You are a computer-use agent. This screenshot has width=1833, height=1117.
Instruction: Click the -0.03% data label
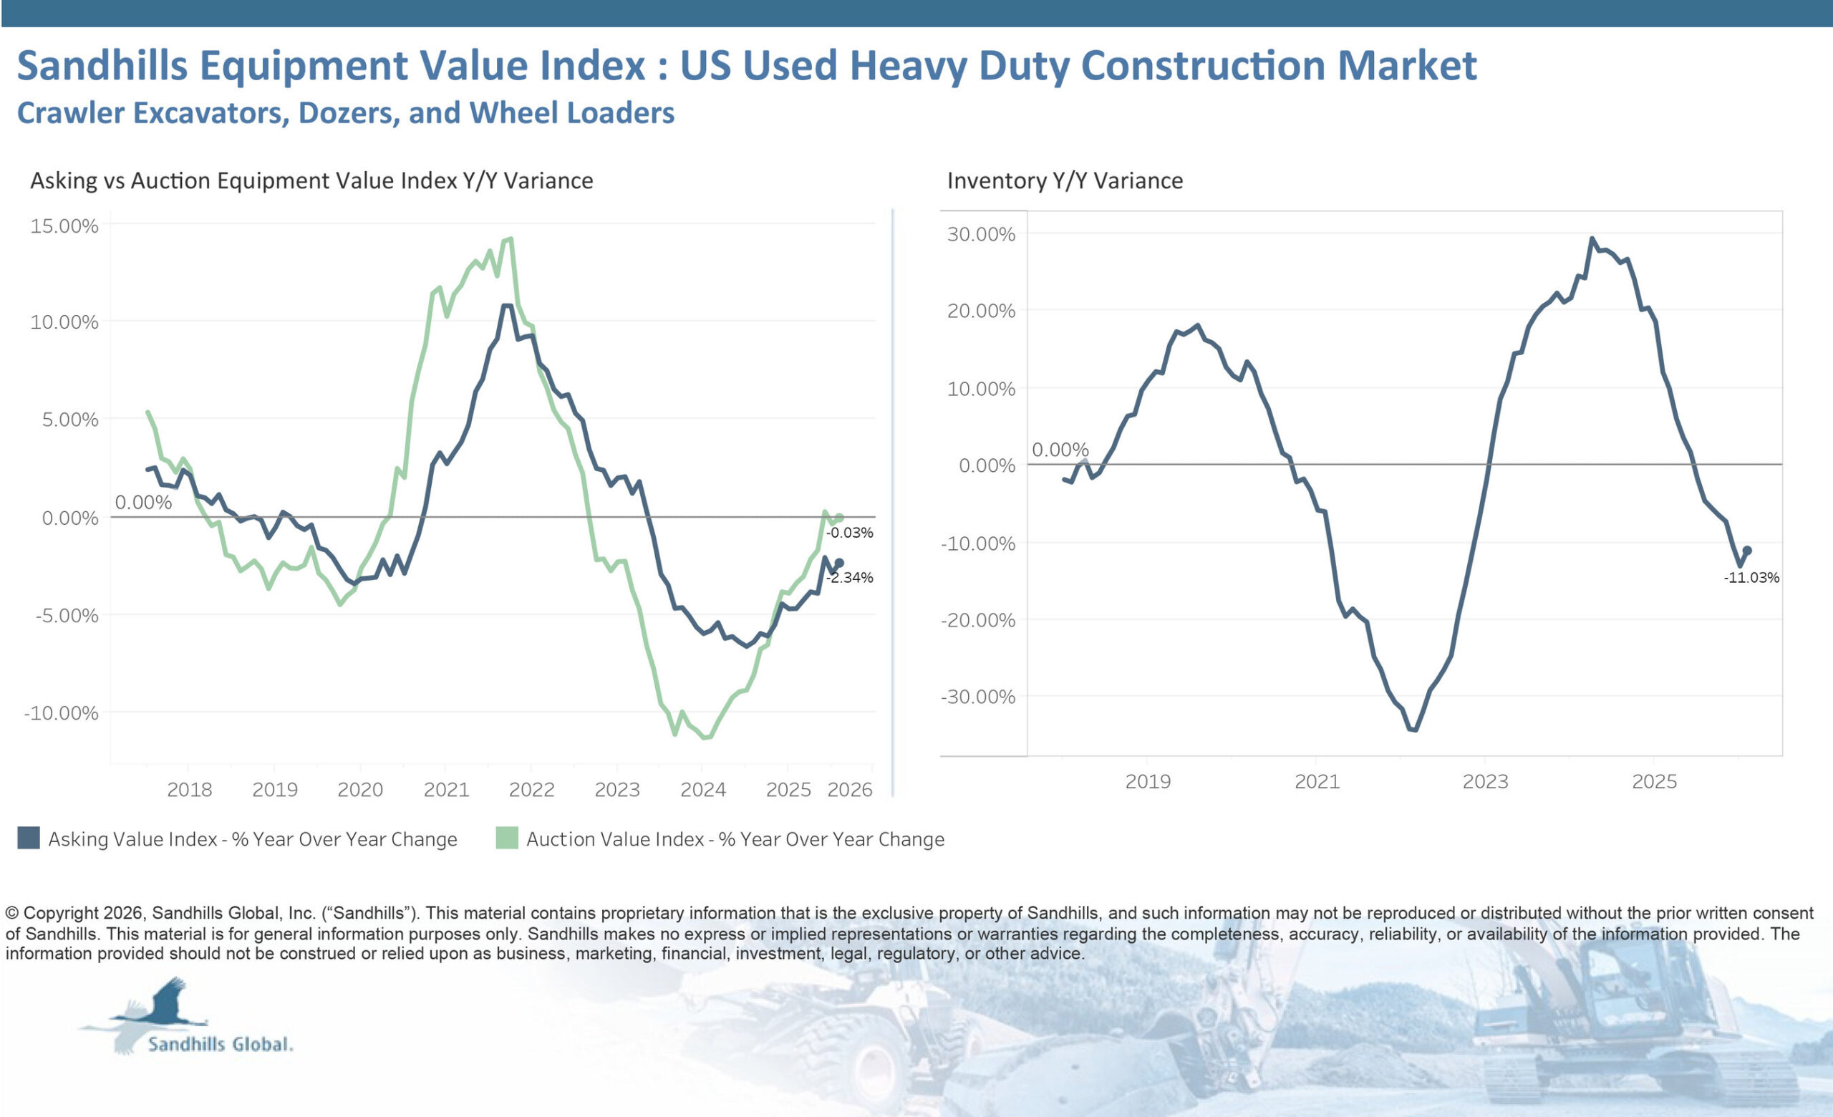point(848,533)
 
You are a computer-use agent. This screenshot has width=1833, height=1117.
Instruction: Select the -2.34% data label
point(848,577)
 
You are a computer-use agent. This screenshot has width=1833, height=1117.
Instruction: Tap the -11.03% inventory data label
point(1751,577)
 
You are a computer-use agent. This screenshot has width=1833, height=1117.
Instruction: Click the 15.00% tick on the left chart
point(64,226)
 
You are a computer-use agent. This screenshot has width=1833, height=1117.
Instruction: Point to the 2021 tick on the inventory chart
point(1317,782)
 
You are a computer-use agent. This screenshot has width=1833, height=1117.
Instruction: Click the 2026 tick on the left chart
point(849,789)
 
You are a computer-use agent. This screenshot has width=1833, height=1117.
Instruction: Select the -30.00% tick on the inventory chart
point(977,697)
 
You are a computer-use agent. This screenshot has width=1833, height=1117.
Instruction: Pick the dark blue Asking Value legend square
point(28,838)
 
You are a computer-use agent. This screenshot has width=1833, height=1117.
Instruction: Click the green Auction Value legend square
point(507,838)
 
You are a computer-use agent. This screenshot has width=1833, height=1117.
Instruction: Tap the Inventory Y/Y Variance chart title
point(1065,180)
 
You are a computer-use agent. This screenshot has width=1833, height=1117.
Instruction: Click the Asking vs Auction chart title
point(311,180)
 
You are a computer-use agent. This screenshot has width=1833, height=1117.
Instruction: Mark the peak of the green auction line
point(511,239)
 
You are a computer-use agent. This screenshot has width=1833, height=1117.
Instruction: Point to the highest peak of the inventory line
point(1592,239)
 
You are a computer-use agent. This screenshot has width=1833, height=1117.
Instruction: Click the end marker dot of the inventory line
point(1748,551)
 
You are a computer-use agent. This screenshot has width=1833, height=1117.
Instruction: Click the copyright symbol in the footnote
point(12,913)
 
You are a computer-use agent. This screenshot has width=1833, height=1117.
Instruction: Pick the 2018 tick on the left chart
point(189,789)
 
